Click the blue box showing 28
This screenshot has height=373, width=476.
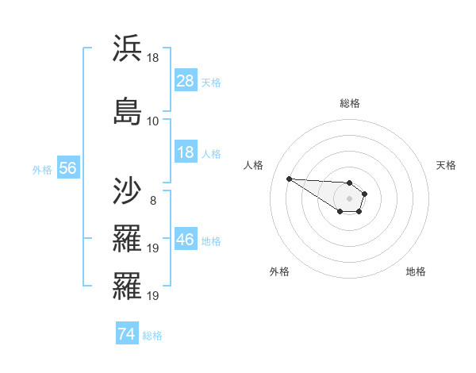tap(186, 81)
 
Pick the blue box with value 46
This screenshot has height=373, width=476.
tap(186, 240)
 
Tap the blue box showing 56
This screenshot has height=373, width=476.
tap(67, 168)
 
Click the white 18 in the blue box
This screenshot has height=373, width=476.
tap(186, 152)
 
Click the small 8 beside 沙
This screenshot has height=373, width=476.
tap(152, 201)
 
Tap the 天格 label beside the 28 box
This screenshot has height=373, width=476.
tap(211, 82)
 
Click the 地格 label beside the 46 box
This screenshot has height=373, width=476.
tap(211, 240)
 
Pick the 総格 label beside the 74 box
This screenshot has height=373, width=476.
tap(152, 336)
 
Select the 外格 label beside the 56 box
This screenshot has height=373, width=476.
tap(42, 169)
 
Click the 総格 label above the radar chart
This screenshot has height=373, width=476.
tap(349, 103)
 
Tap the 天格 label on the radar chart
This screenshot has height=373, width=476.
tap(446, 165)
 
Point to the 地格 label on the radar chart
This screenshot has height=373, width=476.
tap(416, 271)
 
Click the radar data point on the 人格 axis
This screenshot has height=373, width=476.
tap(290, 179)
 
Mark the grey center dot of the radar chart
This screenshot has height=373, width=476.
tap(349, 198)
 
